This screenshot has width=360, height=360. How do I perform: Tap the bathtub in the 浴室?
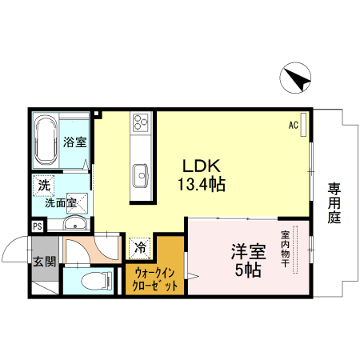pyautogui.click(x=46, y=141)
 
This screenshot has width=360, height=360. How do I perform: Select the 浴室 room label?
pyautogui.click(x=75, y=142)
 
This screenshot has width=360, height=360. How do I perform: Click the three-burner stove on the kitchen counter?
pyautogui.click(x=141, y=122)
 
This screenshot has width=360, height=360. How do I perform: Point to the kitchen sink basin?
pyautogui.click(x=141, y=175)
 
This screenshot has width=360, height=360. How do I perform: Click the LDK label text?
pyautogui.click(x=202, y=166)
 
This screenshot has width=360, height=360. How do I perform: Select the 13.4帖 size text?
pyautogui.click(x=202, y=184)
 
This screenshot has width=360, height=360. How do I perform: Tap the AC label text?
pyautogui.click(x=294, y=125)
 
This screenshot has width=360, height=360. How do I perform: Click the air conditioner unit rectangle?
pyautogui.click(x=303, y=125)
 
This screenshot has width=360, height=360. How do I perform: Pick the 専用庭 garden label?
pyautogui.click(x=334, y=202)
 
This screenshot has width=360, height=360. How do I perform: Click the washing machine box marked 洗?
pyautogui.click(x=44, y=185)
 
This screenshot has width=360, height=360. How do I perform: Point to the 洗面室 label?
pyautogui.click(x=61, y=203)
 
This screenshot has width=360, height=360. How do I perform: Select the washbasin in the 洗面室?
pyautogui.click(x=75, y=223)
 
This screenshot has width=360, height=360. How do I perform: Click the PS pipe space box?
pyautogui.click(x=38, y=226)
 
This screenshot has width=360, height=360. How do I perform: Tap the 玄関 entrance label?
pyautogui.click(x=45, y=262)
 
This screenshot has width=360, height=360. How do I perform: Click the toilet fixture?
pyautogui.click(x=98, y=281)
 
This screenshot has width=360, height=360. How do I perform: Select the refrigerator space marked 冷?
pyautogui.click(x=140, y=248)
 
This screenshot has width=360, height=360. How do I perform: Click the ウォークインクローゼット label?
pyautogui.click(x=155, y=280)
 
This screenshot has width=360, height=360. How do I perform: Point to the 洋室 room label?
pyautogui.click(x=248, y=252)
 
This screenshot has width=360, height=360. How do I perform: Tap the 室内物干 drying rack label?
pyautogui.click(x=285, y=249)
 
